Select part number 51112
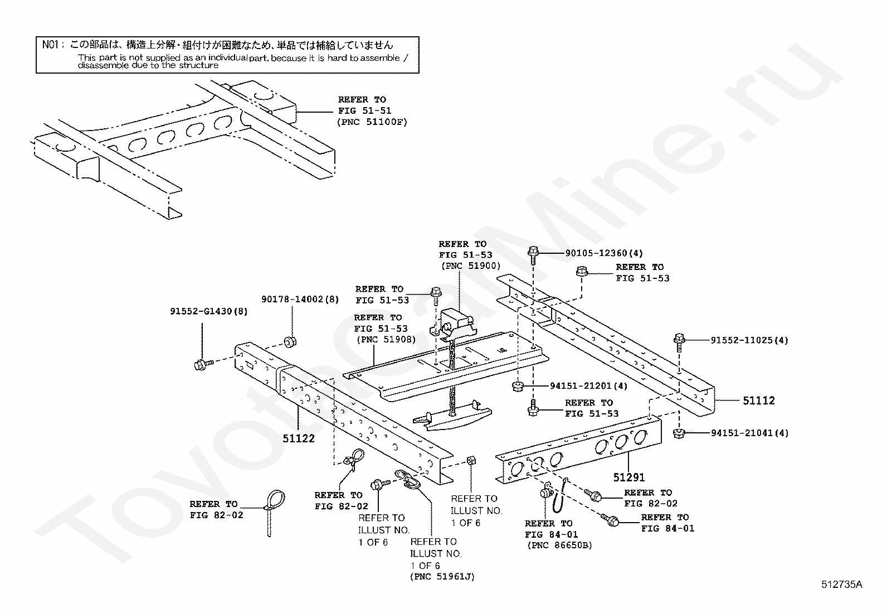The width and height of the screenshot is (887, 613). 758,400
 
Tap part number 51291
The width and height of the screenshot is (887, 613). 629,477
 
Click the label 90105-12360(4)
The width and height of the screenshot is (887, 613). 604,253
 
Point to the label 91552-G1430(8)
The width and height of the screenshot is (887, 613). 209,311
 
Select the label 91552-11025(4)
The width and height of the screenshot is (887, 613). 749,340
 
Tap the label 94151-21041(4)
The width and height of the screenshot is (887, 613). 749,433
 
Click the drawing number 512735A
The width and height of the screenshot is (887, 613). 841,585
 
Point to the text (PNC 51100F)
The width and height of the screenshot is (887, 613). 372,122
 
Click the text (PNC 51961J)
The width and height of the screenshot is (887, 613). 442,577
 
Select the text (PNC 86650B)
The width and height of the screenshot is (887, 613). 559,545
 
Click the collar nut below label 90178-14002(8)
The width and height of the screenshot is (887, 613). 290,341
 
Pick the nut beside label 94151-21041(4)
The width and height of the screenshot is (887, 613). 679,433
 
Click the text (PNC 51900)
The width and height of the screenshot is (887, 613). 470,266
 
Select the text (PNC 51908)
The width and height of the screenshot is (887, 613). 386,339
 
